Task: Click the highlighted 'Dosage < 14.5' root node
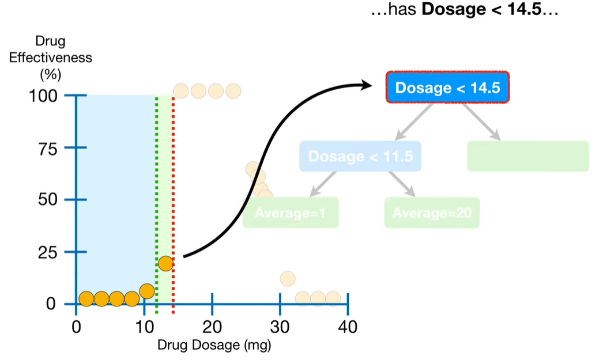[x=447, y=88]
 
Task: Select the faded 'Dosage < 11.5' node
[x=360, y=156]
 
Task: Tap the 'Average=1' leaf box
[x=291, y=213]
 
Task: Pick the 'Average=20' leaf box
[x=432, y=213]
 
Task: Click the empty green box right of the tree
[x=527, y=156]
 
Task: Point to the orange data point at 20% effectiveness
[x=165, y=263]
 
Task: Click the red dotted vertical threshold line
[x=173, y=202]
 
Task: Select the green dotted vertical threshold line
[x=156, y=202]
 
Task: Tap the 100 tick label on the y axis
[x=43, y=96]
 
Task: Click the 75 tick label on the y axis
[x=48, y=148]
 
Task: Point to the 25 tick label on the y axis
[x=48, y=252]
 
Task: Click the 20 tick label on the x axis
[x=212, y=327]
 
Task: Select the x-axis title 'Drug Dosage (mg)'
[x=214, y=346]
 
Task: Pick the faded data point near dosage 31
[x=288, y=279]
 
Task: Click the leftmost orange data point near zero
[x=86, y=298]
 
